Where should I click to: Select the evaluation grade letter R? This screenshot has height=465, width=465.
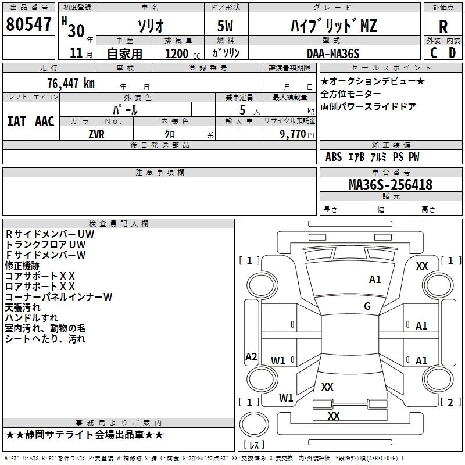[x=443, y=26]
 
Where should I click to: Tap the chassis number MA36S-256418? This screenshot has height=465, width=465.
[x=391, y=185]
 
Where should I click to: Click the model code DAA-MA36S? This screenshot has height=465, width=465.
[x=333, y=53]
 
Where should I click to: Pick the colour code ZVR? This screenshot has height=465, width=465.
[x=96, y=134]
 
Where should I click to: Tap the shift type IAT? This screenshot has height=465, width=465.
[x=16, y=121]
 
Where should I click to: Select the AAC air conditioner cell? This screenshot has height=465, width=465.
[x=44, y=121]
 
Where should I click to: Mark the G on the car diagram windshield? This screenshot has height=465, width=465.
[x=367, y=306]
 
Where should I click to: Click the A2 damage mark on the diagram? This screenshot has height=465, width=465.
[x=251, y=357]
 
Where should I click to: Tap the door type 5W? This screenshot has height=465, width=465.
[x=226, y=26]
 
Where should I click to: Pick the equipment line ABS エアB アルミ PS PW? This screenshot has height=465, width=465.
[x=372, y=157]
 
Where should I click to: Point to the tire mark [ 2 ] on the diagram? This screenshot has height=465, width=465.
[x=450, y=402]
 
